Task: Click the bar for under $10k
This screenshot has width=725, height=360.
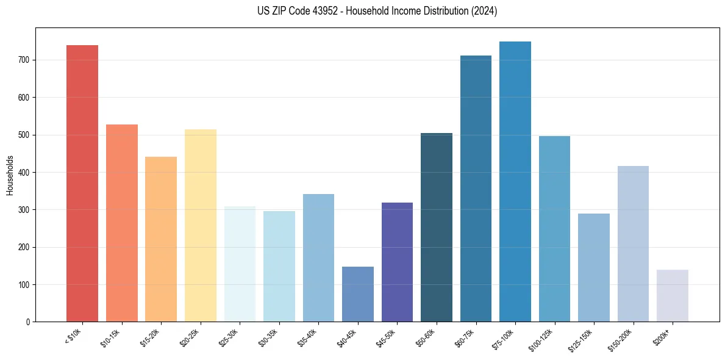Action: point(82,183)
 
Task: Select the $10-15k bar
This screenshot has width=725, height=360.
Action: point(121,223)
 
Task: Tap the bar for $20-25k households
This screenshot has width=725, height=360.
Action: point(200,225)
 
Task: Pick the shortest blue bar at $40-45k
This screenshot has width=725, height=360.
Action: point(357,294)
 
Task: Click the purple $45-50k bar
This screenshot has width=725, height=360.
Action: point(397,262)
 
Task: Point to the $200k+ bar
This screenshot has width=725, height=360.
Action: point(673,295)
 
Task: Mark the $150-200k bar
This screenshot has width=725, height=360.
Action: point(633,243)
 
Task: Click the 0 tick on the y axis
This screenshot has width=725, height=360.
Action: point(28,322)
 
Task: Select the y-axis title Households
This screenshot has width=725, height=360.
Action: point(10,175)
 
